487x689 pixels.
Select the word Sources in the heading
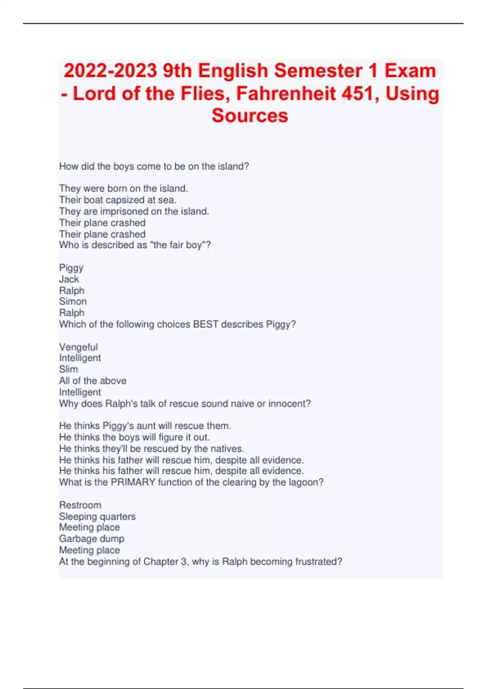pos(250,116)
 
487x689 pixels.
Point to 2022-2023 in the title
pos(110,71)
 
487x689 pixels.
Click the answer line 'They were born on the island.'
pos(123,188)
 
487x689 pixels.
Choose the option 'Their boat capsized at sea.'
pos(118,200)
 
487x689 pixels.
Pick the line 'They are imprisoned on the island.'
pos(134,211)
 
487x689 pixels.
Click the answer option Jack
pos(69,279)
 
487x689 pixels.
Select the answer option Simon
pos(73,302)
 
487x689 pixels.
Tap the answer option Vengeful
pos(78,347)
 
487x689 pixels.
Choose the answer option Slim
pos(68,370)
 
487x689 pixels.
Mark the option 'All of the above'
pos(93,381)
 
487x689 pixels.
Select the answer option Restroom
pos(80,505)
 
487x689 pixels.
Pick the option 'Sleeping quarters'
pos(97,516)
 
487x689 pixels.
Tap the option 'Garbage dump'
pos(92,539)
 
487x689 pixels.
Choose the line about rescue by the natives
pos(152,449)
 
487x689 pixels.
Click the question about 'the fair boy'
pos(135,245)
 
